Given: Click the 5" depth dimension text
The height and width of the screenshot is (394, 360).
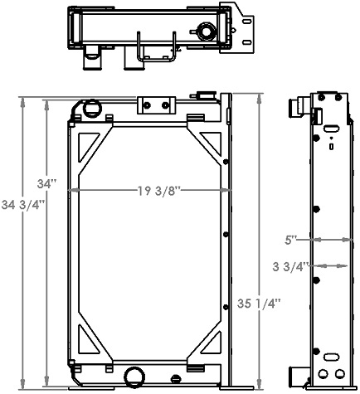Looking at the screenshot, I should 291,241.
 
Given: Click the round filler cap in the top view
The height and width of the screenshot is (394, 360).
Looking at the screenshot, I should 205,33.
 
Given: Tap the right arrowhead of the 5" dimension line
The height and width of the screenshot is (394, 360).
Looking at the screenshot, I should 347,241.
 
